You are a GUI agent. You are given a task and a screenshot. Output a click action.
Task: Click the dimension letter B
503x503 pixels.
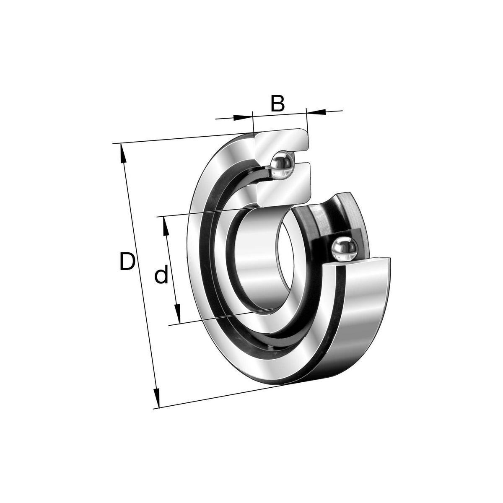[x=277, y=104]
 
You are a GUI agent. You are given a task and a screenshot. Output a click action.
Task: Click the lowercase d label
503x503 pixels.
[x=161, y=274]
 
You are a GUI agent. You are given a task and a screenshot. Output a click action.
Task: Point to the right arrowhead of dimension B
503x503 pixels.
[x=316, y=112]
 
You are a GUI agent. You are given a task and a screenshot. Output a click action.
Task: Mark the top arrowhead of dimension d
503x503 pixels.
[x=165, y=226]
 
